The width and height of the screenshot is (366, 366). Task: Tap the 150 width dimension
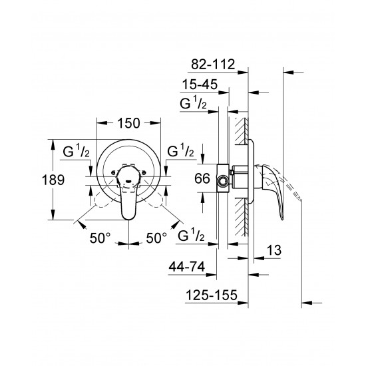point(129,123)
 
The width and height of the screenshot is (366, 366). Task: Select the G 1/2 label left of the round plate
point(78,152)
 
